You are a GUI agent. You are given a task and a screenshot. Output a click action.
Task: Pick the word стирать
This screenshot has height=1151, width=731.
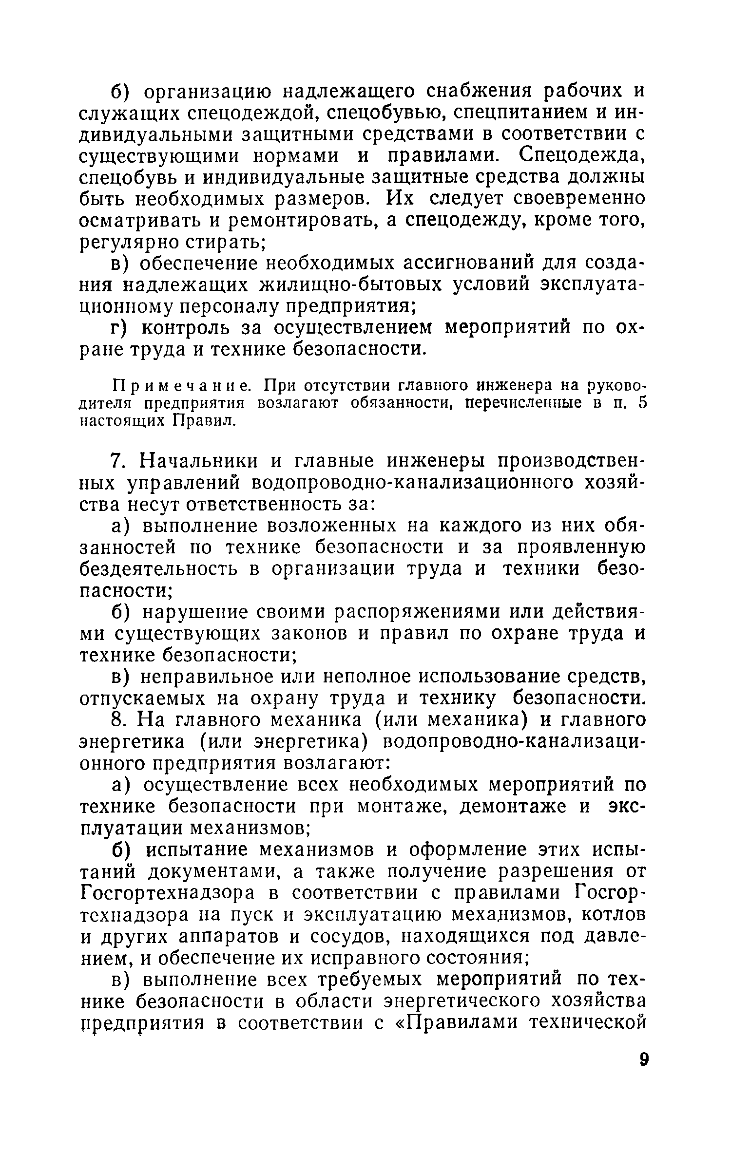click(x=210, y=242)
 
